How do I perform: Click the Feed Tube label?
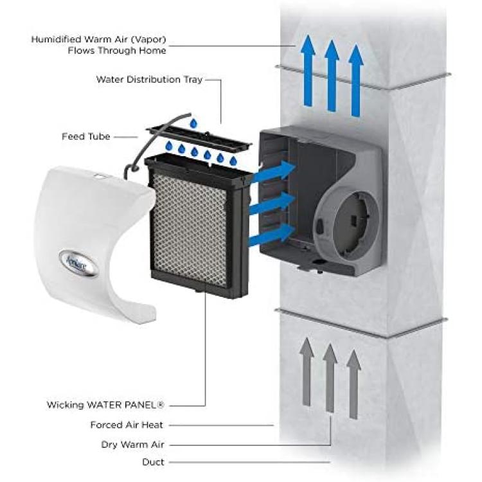85,136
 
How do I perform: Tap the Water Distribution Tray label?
149,79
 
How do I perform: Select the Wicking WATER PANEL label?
105,405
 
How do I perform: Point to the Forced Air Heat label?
127,425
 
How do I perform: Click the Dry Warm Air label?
133,445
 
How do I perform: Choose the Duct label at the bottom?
153,462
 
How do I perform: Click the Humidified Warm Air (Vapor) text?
99,39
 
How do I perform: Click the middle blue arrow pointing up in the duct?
332,76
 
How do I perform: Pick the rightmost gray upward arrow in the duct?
353,384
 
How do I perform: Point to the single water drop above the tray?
193,123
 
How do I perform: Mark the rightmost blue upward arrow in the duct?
356,80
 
